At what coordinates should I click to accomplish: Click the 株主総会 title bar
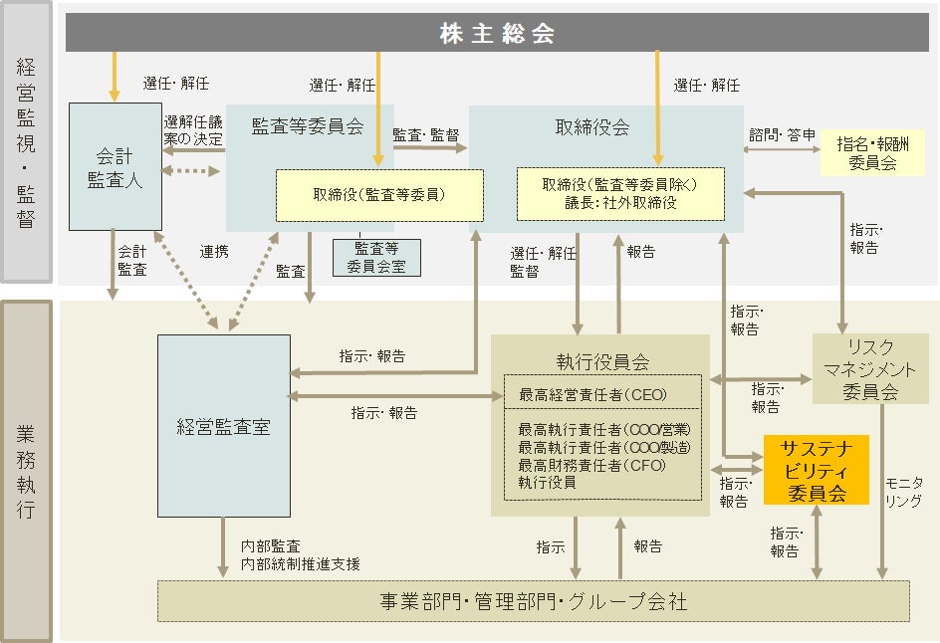(x=497, y=34)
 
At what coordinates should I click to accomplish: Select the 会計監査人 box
(x=115, y=167)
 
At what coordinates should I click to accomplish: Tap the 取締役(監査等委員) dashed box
(x=378, y=195)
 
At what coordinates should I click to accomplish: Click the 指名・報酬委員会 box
(x=872, y=153)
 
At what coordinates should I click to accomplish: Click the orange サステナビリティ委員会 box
(x=816, y=469)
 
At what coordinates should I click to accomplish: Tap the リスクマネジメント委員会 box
(x=870, y=368)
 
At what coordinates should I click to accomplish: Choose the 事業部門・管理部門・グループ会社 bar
(x=533, y=602)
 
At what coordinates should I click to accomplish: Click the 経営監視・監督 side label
(x=27, y=142)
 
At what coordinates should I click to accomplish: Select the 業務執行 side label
(x=27, y=471)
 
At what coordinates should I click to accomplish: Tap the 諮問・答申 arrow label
(x=783, y=134)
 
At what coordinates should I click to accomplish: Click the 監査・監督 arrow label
(x=426, y=132)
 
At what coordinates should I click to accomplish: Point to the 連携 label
(x=213, y=252)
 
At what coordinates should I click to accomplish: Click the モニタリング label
(x=904, y=492)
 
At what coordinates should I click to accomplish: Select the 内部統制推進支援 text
(x=300, y=563)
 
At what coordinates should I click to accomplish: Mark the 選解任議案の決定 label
(x=193, y=128)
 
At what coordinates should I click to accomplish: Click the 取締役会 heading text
(x=591, y=127)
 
